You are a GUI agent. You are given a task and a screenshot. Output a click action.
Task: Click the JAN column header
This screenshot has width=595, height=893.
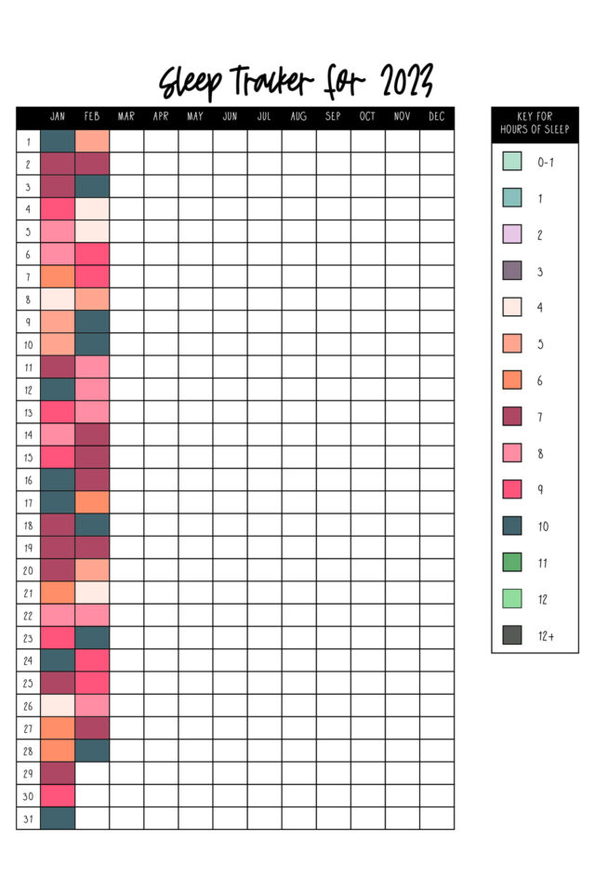(58, 117)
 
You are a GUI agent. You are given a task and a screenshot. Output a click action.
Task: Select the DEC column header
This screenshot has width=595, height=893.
(437, 117)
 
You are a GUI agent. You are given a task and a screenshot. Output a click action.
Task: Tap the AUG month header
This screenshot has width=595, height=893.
(298, 117)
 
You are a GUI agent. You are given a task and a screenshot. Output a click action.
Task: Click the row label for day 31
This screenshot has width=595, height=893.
(28, 819)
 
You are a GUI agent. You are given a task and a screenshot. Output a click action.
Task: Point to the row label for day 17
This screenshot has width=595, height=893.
(28, 502)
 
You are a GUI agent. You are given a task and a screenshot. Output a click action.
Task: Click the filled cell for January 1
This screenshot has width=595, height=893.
(58, 141)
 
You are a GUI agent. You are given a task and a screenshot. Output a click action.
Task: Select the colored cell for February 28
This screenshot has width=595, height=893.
(92, 751)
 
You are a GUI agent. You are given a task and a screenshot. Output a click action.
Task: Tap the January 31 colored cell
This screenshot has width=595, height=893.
(58, 819)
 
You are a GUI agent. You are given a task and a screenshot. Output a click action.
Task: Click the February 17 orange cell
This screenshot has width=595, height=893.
(92, 502)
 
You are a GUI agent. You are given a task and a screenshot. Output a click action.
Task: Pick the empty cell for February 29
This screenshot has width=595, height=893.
(92, 773)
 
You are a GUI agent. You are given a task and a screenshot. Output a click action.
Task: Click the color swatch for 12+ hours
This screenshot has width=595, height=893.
(512, 635)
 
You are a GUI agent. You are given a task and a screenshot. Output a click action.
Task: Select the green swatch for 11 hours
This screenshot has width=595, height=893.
(512, 563)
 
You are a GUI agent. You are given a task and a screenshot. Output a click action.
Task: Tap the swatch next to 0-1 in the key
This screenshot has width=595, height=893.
(512, 161)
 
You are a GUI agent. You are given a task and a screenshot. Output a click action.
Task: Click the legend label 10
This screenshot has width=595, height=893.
(542, 526)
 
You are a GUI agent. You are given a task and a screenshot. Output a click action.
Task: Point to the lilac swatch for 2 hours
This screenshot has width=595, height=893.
(512, 234)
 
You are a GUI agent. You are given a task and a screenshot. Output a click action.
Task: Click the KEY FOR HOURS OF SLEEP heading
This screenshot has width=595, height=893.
(535, 124)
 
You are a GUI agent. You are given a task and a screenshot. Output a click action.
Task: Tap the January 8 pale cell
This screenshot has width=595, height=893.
(58, 299)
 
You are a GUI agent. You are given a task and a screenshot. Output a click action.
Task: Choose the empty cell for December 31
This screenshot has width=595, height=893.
(437, 819)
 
